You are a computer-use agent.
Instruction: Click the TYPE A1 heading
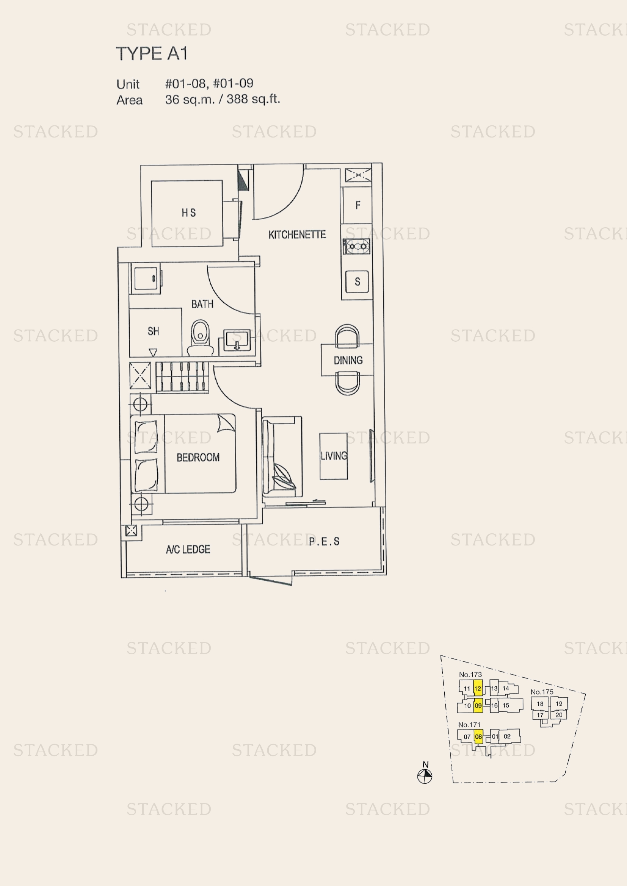pyautogui.click(x=152, y=54)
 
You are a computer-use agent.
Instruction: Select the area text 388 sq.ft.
pyautogui.click(x=253, y=99)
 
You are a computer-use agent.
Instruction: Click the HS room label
pyautogui.click(x=188, y=213)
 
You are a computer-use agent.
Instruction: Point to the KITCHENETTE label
pyautogui.click(x=297, y=234)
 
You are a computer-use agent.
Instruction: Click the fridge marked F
pyautogui.click(x=357, y=205)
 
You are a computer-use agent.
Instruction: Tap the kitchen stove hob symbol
pyautogui.click(x=357, y=246)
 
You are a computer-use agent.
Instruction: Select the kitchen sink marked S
pyautogui.click(x=357, y=282)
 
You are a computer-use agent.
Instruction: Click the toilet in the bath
pyautogui.click(x=200, y=338)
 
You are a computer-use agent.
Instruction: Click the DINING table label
pyautogui.click(x=348, y=360)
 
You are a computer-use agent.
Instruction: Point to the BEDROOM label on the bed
pyautogui.click(x=198, y=458)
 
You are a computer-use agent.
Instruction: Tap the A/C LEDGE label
pyautogui.click(x=188, y=549)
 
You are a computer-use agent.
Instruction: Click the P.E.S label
pyautogui.click(x=324, y=541)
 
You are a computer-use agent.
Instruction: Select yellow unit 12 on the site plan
pyautogui.click(x=478, y=688)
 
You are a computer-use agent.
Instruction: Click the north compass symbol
pyautogui.click(x=425, y=777)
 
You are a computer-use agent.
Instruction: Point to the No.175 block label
pyautogui.click(x=542, y=692)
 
